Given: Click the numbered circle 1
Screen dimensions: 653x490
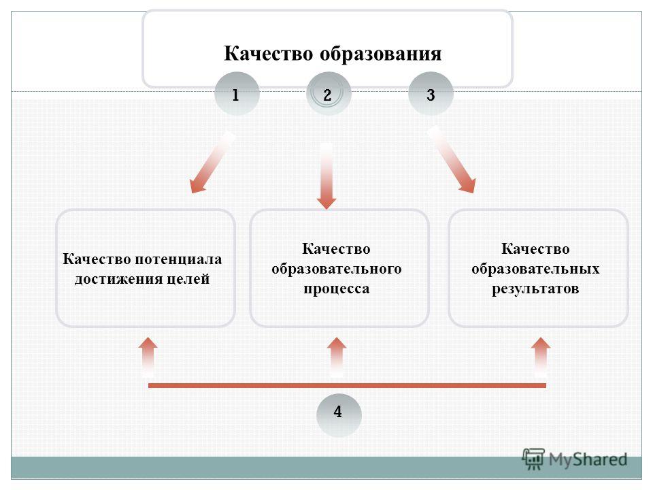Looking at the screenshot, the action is tap(237, 94).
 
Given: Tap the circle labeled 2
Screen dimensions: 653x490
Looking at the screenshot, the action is tap(329, 94).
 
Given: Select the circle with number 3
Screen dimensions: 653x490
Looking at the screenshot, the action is tap(431, 94).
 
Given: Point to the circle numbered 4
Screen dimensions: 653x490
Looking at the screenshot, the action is tap(339, 415).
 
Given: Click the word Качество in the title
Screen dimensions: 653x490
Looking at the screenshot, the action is tap(269, 54).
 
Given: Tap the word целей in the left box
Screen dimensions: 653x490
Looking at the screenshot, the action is tap(188, 279).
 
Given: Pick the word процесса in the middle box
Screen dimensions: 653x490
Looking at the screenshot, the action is tap(337, 289).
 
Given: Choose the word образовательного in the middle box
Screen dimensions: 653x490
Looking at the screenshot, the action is tap(337, 269).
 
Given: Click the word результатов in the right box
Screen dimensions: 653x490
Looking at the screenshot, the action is tap(535, 289).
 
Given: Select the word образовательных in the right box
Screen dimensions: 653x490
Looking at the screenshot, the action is tap(535, 269).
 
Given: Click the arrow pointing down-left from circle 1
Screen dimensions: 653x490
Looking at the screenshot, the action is tap(211, 164).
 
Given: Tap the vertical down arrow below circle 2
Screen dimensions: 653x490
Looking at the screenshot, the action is tap(326, 176).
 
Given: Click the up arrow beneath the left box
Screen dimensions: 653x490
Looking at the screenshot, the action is tap(148, 357).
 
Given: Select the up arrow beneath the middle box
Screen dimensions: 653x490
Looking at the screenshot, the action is tap(337, 357).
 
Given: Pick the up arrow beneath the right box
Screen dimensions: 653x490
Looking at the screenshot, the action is tap(541, 357).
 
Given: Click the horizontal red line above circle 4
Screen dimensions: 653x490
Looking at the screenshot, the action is tap(347, 385).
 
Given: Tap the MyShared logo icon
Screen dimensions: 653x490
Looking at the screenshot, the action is tap(533, 459).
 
